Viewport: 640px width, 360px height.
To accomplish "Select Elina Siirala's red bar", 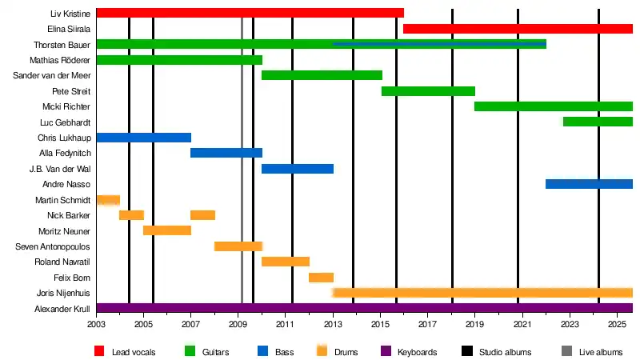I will tap(518, 29).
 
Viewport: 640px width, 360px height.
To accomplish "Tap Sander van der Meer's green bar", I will tap(322, 75).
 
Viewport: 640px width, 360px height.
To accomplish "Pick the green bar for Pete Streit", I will tap(428, 91).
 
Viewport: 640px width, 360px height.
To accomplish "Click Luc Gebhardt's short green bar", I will tap(598, 122).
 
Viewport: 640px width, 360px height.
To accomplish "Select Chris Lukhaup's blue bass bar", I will tap(143, 138).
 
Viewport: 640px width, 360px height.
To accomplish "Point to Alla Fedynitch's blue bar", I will tap(226, 153).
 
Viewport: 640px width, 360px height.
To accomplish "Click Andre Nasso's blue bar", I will tap(589, 184).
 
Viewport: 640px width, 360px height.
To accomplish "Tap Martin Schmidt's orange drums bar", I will tap(108, 200).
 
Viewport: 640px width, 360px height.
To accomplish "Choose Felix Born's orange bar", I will tap(321, 278).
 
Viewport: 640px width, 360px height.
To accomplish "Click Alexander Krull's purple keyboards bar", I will tap(364, 308).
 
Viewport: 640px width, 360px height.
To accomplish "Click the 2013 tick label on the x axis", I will tap(334, 325).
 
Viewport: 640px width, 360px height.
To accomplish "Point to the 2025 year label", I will tap(617, 325).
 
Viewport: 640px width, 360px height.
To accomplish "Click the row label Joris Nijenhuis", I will tap(65, 293).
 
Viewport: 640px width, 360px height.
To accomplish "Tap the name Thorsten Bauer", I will tap(62, 45).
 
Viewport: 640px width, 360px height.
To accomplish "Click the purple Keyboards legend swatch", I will tap(387, 351).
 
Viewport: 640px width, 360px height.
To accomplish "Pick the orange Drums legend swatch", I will tap(323, 351).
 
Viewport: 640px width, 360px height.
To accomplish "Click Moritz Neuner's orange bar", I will tap(166, 230).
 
